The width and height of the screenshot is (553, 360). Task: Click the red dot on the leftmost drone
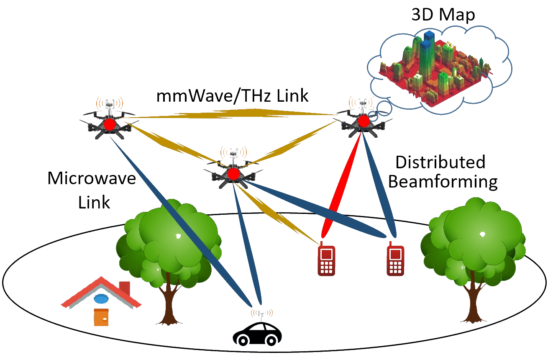110,124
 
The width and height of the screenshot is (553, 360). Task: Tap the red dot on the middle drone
233,173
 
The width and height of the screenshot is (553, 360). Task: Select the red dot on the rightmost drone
364,121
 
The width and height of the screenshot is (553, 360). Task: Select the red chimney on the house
125,288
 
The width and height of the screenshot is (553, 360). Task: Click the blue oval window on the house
101,298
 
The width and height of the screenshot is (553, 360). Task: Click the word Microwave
92,179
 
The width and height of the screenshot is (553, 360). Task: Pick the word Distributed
440,162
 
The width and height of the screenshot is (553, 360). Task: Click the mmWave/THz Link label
232,96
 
